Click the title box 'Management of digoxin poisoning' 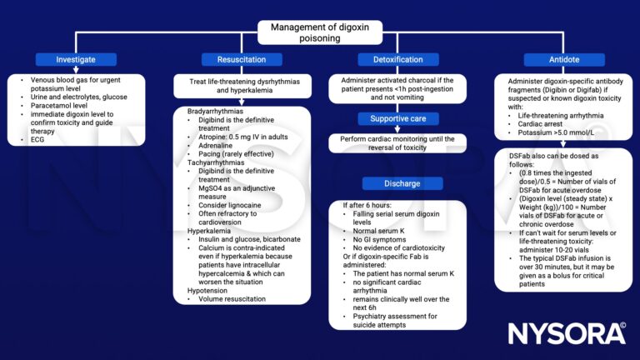(319, 32)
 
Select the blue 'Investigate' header (77, 59)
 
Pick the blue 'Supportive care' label (397, 118)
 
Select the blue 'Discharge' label (397, 183)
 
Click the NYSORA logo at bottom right (568, 333)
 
